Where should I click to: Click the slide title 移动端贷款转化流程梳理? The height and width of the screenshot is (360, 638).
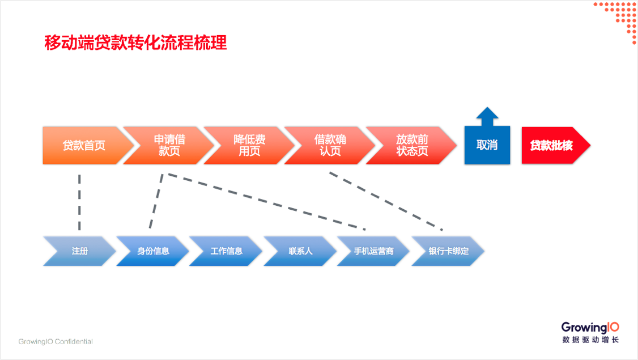pyautogui.click(x=135, y=43)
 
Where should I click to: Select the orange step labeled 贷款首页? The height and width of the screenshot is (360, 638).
pyautogui.click(x=84, y=145)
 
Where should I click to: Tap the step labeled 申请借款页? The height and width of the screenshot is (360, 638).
pyautogui.click(x=169, y=145)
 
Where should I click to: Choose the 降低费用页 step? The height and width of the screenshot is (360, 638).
pyautogui.click(x=249, y=145)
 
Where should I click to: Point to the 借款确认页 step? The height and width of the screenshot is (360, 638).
pyautogui.click(x=330, y=145)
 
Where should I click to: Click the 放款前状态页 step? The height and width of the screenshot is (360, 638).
pyautogui.click(x=412, y=145)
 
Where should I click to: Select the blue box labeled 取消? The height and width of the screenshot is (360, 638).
pyautogui.click(x=487, y=145)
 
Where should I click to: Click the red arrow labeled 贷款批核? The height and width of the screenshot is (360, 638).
pyautogui.click(x=556, y=145)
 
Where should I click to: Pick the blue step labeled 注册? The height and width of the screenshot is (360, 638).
pyautogui.click(x=80, y=251)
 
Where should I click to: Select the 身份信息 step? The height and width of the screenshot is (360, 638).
pyautogui.click(x=153, y=251)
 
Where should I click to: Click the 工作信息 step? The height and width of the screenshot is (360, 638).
pyautogui.click(x=226, y=251)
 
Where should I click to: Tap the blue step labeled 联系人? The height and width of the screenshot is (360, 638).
pyautogui.click(x=300, y=251)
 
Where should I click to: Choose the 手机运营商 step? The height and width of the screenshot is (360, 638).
pyautogui.click(x=373, y=251)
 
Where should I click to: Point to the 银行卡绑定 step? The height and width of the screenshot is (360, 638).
pyautogui.click(x=448, y=251)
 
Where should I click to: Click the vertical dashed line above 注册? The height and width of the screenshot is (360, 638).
pyautogui.click(x=79, y=202)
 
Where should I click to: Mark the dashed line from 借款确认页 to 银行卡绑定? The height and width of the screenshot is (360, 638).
pyautogui.click(x=386, y=201)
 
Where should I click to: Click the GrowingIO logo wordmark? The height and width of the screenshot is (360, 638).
pyautogui.click(x=590, y=328)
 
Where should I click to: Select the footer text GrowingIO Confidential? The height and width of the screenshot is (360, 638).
pyautogui.click(x=56, y=341)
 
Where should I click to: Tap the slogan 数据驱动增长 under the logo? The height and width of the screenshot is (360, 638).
pyautogui.click(x=590, y=340)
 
